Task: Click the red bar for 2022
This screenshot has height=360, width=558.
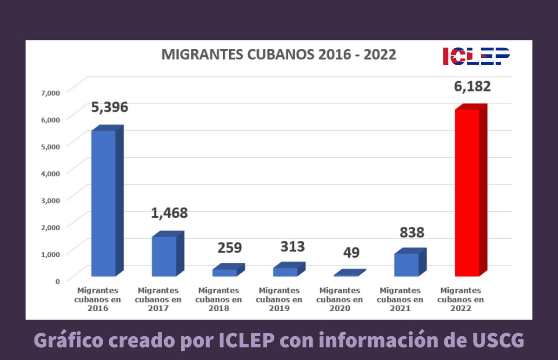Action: pyautogui.click(x=467, y=193)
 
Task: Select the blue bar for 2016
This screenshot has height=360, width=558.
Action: pyautogui.click(x=103, y=203)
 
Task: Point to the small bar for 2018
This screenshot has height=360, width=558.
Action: pyautogui.click(x=225, y=273)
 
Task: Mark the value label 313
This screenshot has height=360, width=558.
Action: pyautogui.click(x=292, y=247)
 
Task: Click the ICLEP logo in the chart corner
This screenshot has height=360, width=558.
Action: pyautogui.click(x=476, y=56)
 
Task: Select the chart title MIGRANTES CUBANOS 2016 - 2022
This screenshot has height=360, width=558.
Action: pyautogui.click(x=279, y=54)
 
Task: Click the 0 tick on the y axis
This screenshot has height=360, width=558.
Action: pyautogui.click(x=58, y=281)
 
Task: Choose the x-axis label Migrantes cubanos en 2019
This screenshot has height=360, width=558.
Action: pyautogui.click(x=279, y=299)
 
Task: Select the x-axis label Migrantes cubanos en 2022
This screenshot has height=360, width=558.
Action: pyautogui.click(x=460, y=299)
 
